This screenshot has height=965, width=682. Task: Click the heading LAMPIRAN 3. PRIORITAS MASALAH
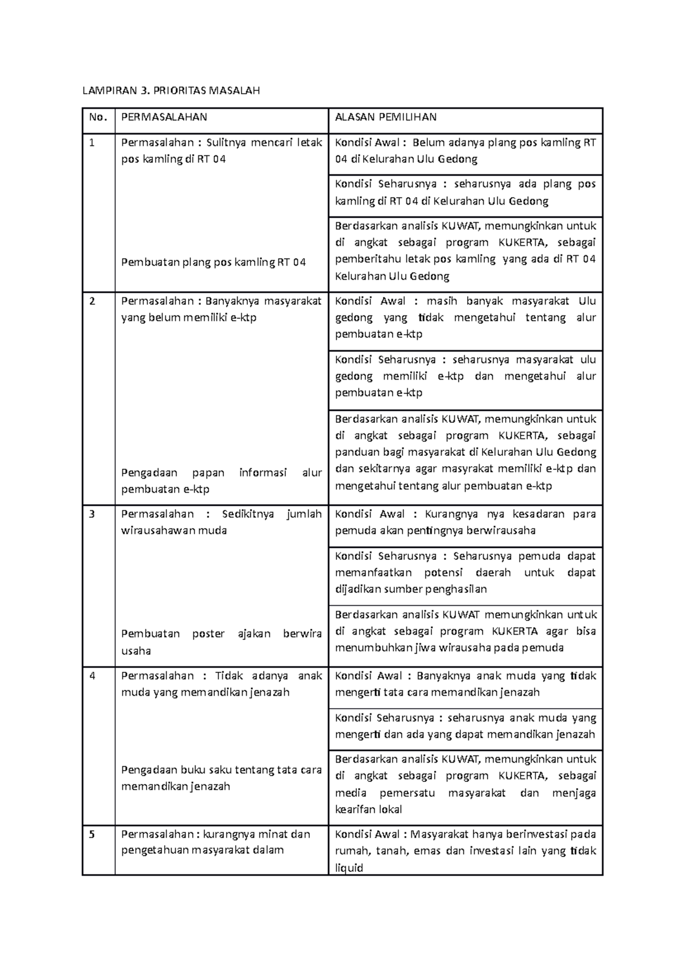click(171, 90)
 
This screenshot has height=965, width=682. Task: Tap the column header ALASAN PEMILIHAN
click(385, 117)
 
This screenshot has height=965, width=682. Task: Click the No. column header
click(98, 117)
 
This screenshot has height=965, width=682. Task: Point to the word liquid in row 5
click(349, 868)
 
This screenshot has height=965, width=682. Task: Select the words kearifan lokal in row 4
click(368, 809)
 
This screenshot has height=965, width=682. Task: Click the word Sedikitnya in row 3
click(248, 514)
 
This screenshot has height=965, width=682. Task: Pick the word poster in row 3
click(208, 634)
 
